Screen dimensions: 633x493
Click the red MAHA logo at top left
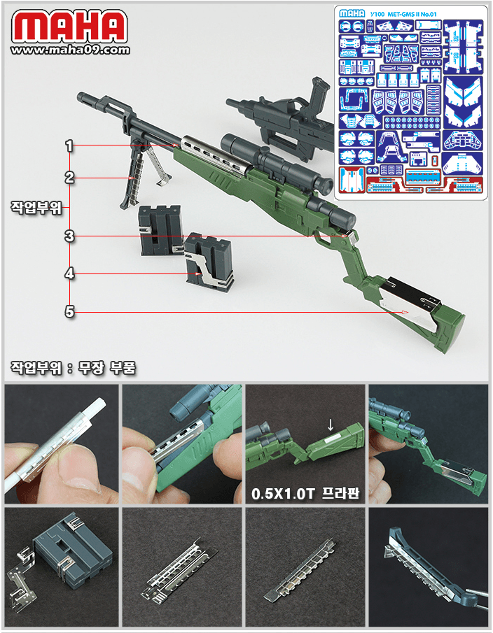point(70,26)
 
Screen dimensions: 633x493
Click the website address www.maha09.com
point(71,50)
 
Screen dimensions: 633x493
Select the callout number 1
point(69,145)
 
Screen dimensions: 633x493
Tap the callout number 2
point(69,178)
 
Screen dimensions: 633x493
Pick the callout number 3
point(69,236)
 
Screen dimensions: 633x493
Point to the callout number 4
point(69,274)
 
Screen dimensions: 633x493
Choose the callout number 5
point(69,311)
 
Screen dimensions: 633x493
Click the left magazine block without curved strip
point(158,230)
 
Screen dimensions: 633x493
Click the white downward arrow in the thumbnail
point(331,425)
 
